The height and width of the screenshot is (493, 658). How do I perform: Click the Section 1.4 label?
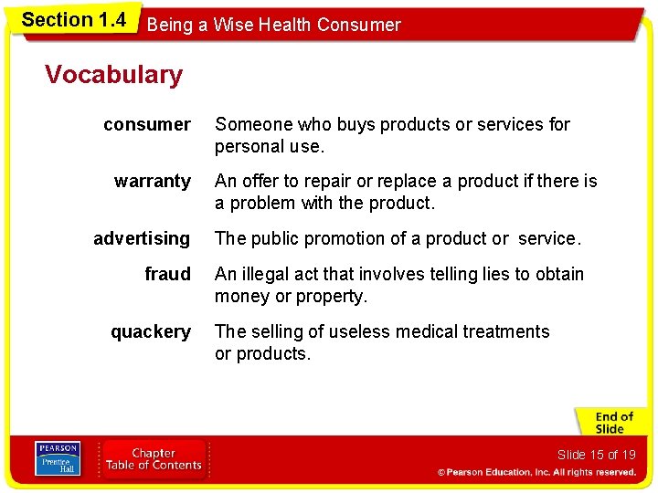coord(73,20)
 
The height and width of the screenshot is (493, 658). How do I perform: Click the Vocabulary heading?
coord(113,74)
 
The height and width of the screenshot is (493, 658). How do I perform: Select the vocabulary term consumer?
coord(147,124)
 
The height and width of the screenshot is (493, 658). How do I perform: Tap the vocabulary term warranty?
coord(153,181)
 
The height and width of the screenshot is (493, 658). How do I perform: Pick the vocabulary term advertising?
coord(142,238)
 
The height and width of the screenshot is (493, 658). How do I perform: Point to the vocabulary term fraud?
coord(168,274)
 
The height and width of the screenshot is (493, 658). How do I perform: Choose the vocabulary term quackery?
coord(151,331)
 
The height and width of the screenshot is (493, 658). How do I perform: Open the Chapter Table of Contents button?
coord(153,458)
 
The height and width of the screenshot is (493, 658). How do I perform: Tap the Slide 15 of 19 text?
coord(596,455)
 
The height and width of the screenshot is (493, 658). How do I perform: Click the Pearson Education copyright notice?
coord(536,472)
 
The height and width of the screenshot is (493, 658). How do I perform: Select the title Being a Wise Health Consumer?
coord(273,25)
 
